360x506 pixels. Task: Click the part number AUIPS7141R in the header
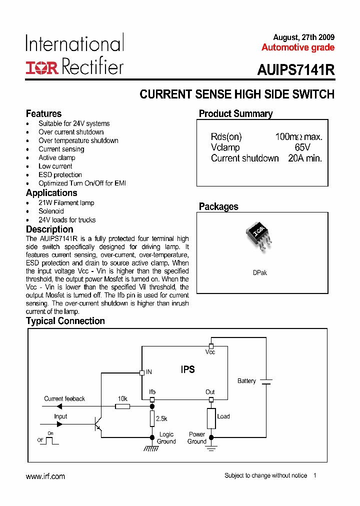pyautogui.click(x=296, y=70)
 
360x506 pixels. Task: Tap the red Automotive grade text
pyautogui.click(x=298, y=48)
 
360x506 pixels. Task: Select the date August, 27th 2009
pyautogui.click(x=304, y=37)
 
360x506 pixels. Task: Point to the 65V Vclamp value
pyautogui.click(x=302, y=147)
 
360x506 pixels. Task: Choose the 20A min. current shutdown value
pyautogui.click(x=305, y=158)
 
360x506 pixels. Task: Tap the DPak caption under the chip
pyautogui.click(x=260, y=273)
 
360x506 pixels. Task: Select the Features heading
pyautogui.click(x=43, y=113)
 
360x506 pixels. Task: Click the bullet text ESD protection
pyautogui.click(x=60, y=174)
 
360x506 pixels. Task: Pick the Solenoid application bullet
pyautogui.click(x=51, y=211)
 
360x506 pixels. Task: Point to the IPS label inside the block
pyautogui.click(x=187, y=369)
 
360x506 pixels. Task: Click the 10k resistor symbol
pyautogui.click(x=122, y=406)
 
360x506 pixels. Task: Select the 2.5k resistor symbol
pyautogui.click(x=152, y=418)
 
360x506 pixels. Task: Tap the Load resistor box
pyautogui.click(x=211, y=418)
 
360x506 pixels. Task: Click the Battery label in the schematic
pyautogui.click(x=246, y=381)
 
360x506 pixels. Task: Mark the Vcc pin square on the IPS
pyautogui.click(x=211, y=346)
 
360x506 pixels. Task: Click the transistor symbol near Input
pyautogui.click(x=98, y=423)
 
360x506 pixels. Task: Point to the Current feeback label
pyautogui.click(x=64, y=398)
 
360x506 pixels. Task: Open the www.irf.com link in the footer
pyautogui.click(x=45, y=476)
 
